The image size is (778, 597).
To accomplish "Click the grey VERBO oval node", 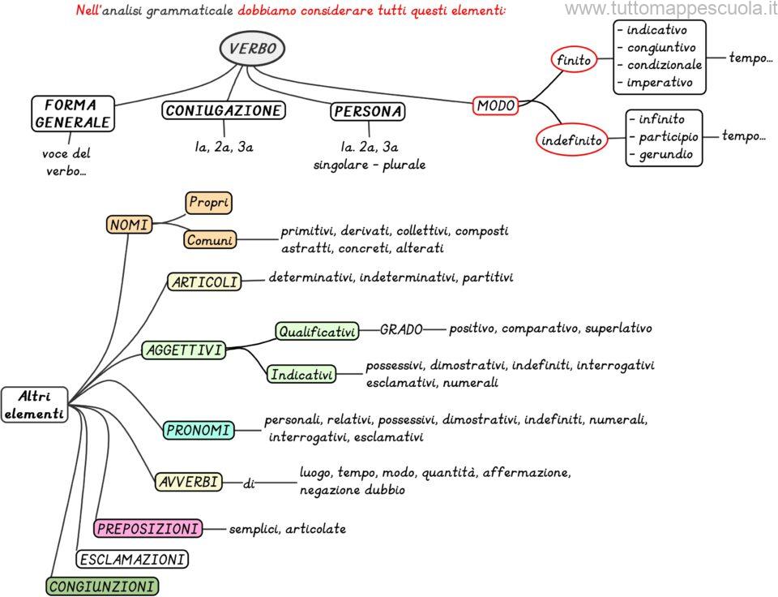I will coord(252,49).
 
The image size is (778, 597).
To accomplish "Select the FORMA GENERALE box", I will coord(71,114).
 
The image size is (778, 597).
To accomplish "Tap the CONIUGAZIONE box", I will coord(224,110).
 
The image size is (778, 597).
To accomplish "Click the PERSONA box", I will coord(368,111).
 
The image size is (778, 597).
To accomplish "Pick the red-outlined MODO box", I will coord(496,105).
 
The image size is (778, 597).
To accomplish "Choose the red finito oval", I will coord(574,60).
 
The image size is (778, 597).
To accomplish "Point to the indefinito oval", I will coord(571,140).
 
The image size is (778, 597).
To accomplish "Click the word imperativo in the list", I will coord(660,82).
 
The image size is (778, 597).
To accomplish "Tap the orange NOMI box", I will coord(130,225).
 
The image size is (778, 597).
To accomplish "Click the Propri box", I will coord(208,202).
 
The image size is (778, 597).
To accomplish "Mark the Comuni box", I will coord(209,240).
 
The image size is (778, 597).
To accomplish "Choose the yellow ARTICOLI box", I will coord(204,281).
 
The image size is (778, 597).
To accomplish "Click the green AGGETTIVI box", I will coord(183,350).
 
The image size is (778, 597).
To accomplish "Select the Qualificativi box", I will coord(317,331).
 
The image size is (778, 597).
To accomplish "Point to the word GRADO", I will coord(401,329).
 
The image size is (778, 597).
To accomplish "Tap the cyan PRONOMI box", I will coord(199,430).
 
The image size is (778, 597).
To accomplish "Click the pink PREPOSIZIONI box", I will coord(147,529).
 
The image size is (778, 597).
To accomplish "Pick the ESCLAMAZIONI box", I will coord(132,559).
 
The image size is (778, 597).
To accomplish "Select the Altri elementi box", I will coord(34,405).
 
